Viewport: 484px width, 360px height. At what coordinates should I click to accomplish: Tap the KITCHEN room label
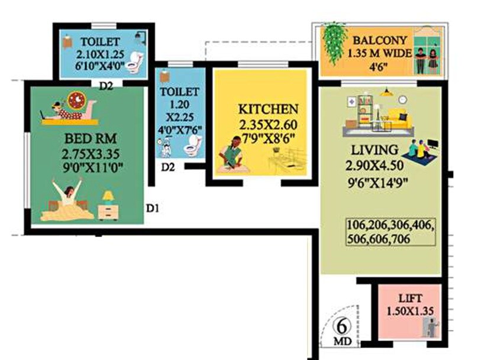point(267,110)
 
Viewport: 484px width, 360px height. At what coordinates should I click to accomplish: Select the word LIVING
point(374,148)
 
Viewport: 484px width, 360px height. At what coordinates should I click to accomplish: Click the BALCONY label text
point(380,41)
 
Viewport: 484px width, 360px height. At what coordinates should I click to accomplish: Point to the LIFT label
point(409,299)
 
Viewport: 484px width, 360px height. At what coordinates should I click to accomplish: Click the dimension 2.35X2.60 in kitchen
point(267,125)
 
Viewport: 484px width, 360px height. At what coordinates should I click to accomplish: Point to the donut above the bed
point(76,100)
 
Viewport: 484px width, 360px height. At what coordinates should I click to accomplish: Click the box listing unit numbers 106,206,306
point(391,232)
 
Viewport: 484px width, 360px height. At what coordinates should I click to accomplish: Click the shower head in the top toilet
point(140,37)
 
